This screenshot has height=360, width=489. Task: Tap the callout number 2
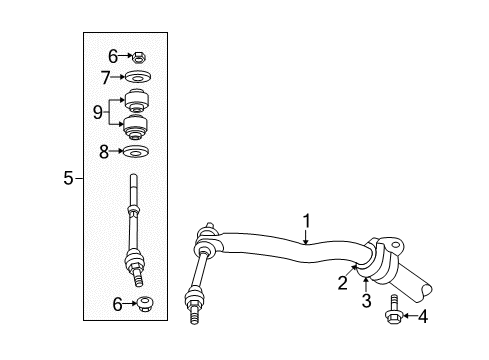point(342,283)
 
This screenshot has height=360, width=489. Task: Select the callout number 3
point(366,299)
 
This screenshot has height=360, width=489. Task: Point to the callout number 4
point(423,317)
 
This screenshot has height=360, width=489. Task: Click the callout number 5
point(68,179)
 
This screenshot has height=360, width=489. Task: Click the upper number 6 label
point(112,57)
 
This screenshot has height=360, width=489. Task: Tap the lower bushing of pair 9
point(135,127)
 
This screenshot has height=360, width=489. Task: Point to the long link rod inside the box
point(135,230)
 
